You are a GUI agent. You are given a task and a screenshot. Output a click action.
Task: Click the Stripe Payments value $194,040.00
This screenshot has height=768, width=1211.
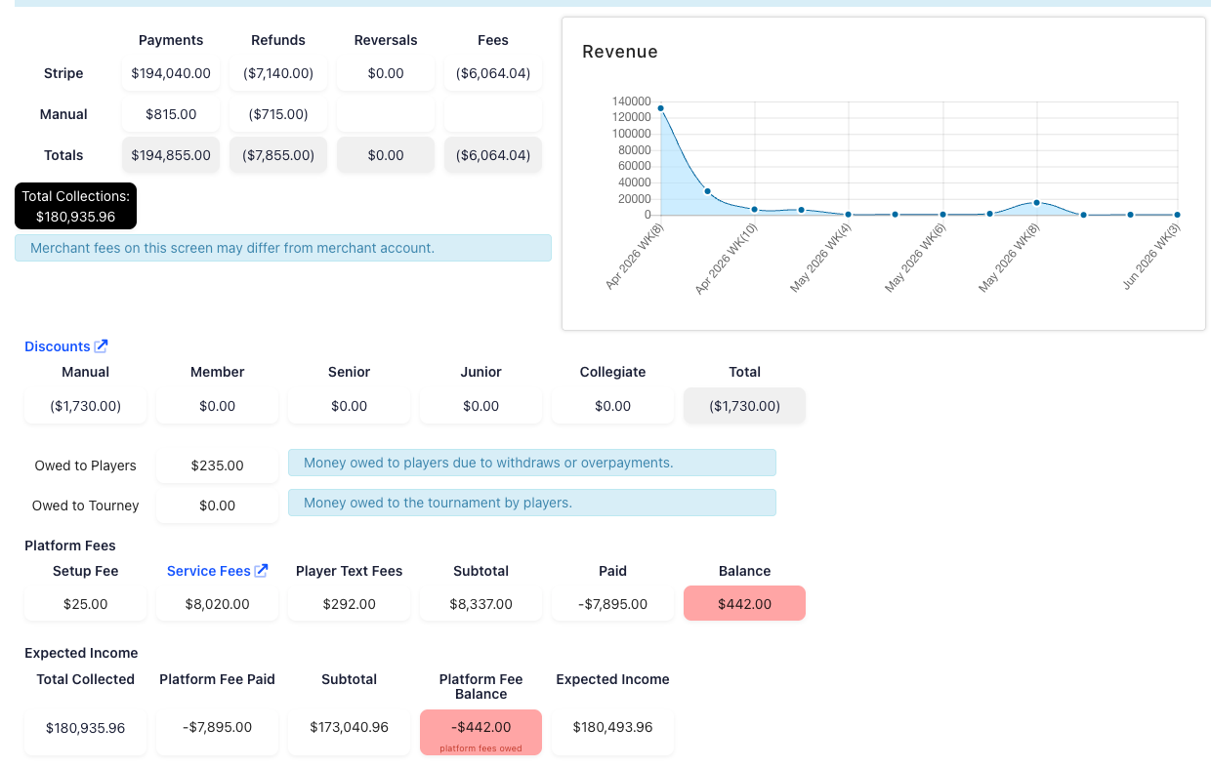coord(171,73)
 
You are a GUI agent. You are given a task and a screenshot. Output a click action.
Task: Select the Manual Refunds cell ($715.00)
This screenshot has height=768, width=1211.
coord(278,114)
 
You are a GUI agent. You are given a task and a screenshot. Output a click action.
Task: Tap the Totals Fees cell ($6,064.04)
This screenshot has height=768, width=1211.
coord(492,155)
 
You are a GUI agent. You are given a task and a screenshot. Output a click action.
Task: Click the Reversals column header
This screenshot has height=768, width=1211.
coord(386,41)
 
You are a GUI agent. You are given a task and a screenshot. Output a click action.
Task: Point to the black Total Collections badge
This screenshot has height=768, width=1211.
coord(76,206)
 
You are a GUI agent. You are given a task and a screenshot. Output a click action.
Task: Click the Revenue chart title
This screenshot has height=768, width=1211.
coord(619,52)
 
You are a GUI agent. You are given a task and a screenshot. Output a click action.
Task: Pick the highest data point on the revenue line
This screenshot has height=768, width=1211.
coord(660,108)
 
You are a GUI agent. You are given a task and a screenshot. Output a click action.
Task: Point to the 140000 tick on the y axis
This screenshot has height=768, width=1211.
coord(632,101)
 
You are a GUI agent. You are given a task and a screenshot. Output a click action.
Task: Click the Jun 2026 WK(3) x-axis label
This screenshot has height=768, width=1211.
coord(1151,257)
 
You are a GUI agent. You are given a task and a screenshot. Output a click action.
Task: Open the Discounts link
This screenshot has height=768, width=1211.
coord(66,346)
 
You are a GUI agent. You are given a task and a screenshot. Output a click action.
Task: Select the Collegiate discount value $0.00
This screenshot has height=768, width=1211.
coord(612,406)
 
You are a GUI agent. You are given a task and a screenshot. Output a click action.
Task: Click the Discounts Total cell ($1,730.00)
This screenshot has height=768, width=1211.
coord(744,406)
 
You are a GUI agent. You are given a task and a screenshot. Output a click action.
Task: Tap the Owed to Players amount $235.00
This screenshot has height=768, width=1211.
coord(217,465)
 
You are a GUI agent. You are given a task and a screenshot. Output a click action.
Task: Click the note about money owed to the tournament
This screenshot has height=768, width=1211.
coord(532,503)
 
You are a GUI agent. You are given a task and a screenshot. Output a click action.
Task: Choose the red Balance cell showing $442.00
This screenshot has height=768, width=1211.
coord(744,604)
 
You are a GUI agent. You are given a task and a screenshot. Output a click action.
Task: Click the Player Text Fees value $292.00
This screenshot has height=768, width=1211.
coord(349,604)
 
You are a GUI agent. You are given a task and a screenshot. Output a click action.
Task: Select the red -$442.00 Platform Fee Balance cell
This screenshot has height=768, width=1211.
coord(480,732)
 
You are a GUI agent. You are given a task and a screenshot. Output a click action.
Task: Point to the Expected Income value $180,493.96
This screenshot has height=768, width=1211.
coord(612,727)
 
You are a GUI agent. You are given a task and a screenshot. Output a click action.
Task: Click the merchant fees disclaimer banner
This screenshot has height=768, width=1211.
coord(283,249)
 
